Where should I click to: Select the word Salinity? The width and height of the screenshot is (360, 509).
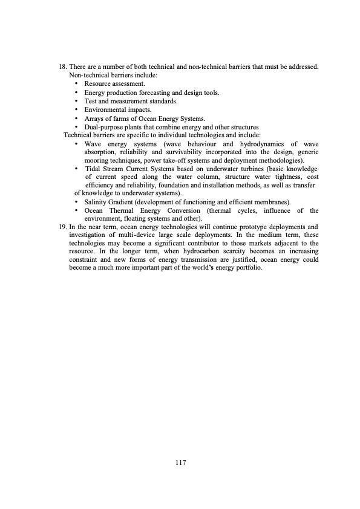tap(96, 201)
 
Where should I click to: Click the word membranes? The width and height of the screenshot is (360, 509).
tap(272, 201)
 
